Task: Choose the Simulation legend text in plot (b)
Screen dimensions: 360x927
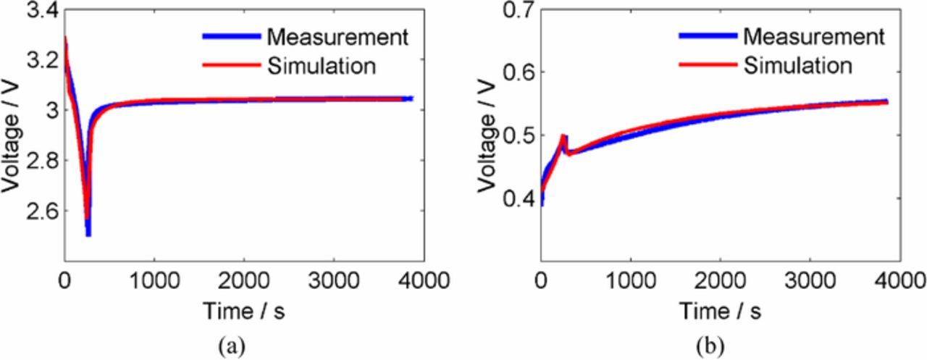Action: point(797,66)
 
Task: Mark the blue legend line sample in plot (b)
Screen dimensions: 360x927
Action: point(707,35)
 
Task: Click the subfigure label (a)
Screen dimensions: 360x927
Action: point(232,346)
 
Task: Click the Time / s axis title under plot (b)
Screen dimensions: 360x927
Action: point(720,311)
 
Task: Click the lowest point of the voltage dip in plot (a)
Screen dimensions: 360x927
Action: point(88,234)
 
